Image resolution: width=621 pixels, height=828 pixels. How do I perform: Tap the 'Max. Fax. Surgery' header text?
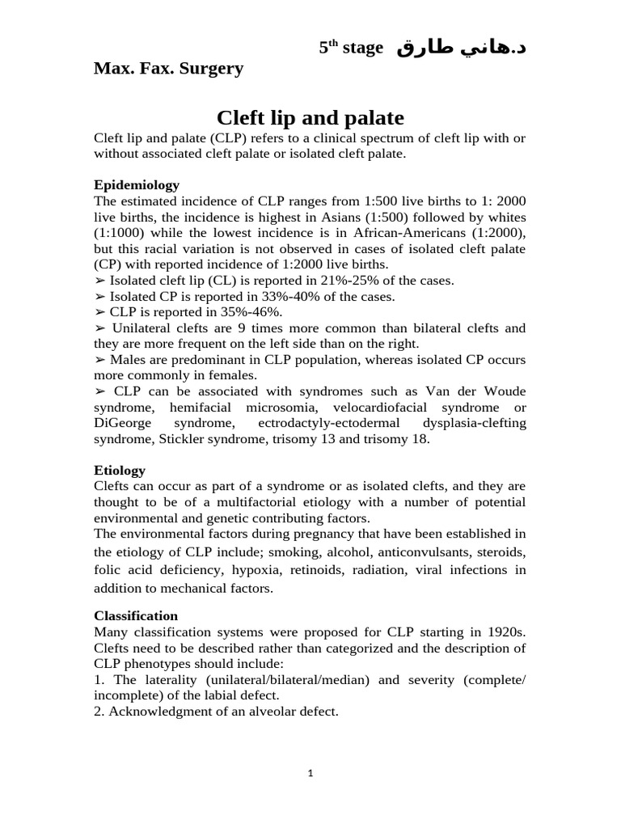[168, 69]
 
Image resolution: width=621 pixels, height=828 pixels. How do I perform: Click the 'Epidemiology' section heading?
[137, 185]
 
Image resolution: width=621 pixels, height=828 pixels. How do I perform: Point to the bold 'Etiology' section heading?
[120, 470]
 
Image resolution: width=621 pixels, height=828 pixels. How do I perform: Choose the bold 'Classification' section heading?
[136, 615]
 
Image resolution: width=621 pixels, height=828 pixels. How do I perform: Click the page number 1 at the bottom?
[310, 773]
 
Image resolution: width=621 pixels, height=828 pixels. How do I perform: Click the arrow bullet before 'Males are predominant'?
[99, 359]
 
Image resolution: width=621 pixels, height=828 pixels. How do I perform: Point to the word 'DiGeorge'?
[121, 423]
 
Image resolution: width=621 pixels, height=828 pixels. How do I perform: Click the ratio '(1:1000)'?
[120, 233]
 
